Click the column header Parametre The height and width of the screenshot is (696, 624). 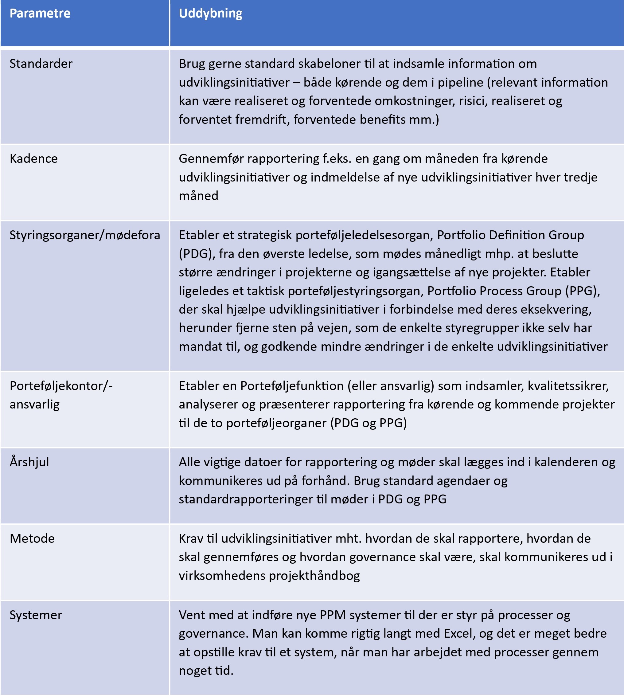[40, 14]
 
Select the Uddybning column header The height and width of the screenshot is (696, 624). [211, 14]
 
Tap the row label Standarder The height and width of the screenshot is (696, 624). [41, 64]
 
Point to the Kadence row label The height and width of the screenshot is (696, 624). [33, 159]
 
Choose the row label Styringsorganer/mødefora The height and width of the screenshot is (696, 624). [85, 235]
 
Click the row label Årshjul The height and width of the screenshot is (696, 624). [29, 462]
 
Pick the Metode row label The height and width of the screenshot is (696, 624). [32, 539]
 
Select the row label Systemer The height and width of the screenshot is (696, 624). [36, 615]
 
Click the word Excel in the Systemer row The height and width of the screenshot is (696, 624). [458, 634]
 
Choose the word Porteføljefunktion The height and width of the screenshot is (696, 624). [292, 386]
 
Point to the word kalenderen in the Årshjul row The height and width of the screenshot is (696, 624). [566, 462]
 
